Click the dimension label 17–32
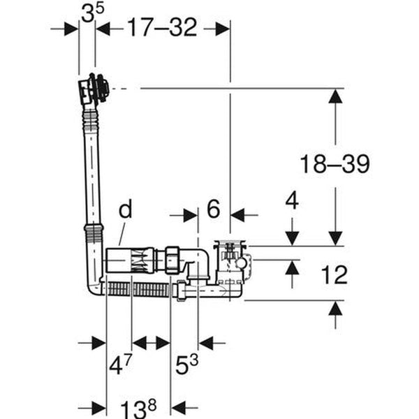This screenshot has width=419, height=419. [x=162, y=27]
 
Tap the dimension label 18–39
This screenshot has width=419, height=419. [x=335, y=163]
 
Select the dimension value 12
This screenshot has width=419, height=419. [x=335, y=274]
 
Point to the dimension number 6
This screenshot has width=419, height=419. [x=214, y=209]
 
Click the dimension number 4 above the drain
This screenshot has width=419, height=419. [x=292, y=200]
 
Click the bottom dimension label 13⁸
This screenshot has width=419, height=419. [x=138, y=409]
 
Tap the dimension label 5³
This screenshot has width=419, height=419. [x=186, y=365]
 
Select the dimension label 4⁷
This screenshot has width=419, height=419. [x=121, y=365]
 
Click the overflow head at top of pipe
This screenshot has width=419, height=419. [x=94, y=89]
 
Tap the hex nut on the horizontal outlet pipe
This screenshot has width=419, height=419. [x=174, y=260]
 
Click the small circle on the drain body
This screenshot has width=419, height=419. [x=241, y=263]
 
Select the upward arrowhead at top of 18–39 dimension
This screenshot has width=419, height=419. [x=335, y=96]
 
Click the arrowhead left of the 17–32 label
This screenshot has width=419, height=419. [x=103, y=29]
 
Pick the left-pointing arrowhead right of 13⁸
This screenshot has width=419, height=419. [x=178, y=408]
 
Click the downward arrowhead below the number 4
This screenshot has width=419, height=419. [x=292, y=238]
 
